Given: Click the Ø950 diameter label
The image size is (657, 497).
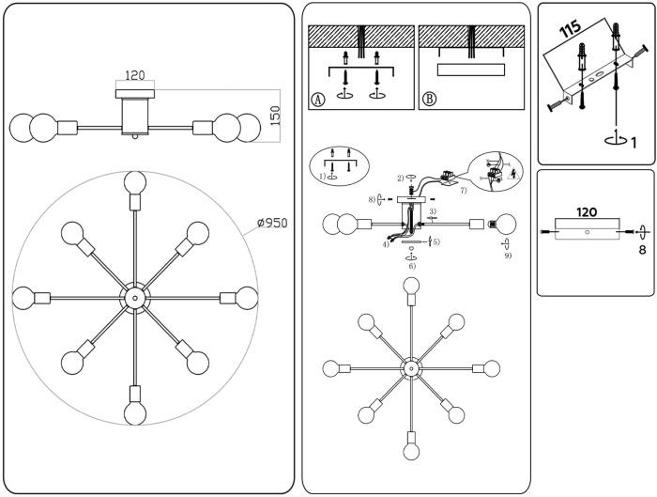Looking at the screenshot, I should coord(272,224).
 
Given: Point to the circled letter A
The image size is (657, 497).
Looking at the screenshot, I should coord(318,100).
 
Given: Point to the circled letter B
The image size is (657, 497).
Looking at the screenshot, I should coord(429,100).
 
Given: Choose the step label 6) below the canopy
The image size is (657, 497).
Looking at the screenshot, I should coord(411,267).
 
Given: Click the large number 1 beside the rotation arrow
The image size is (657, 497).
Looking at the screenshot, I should coord(634,144).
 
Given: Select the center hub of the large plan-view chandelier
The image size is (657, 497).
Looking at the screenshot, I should coord(134,298).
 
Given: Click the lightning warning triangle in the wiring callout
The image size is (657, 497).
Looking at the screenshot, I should coord(513,173).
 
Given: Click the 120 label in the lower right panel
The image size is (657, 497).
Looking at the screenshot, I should coord(588,212).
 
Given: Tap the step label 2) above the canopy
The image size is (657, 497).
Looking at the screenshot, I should coord(400,178).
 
